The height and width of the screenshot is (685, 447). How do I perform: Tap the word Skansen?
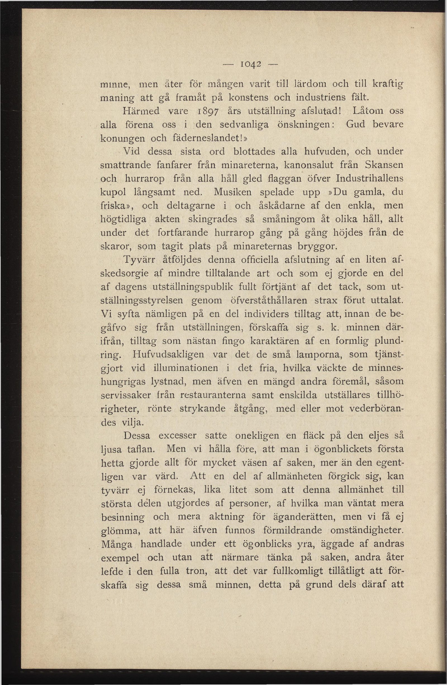point(384,165)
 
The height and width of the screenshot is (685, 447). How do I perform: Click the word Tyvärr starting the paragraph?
point(139,260)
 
